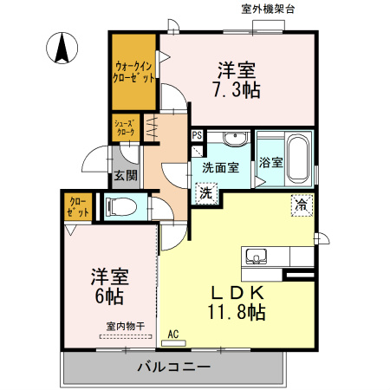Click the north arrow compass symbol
62,48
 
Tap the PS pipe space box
197,135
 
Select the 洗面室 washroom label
220,168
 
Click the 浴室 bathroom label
270,164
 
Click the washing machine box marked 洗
206,193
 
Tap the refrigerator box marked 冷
300,206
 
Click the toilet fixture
120,207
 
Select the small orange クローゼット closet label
78,205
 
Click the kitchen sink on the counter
257,256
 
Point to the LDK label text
235,292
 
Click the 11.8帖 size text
235,313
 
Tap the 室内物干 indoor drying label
126,327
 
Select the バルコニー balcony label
174,367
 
